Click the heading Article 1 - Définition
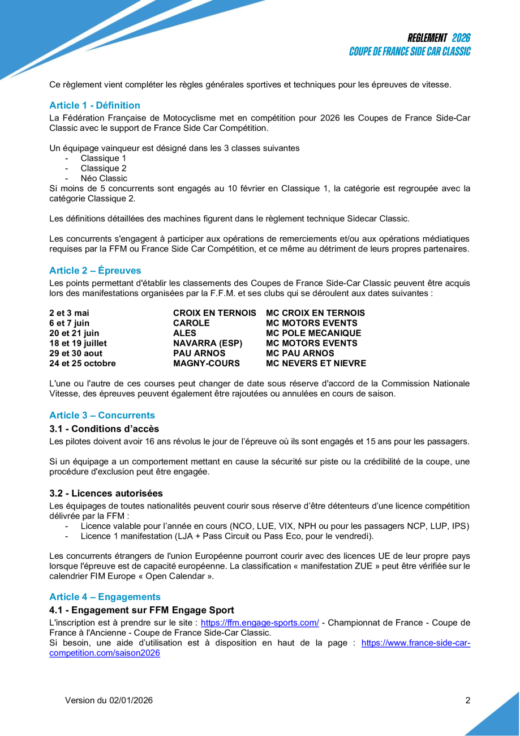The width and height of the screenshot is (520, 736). pyautogui.click(x=94, y=105)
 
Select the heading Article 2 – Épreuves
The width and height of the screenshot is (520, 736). pyautogui.click(x=95, y=270)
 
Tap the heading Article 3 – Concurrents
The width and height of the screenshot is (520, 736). pyautogui.click(x=102, y=415)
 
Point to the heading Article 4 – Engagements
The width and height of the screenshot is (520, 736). pyautogui.click(x=105, y=597)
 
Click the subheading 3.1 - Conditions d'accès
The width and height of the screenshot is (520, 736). pyautogui.click(x=104, y=429)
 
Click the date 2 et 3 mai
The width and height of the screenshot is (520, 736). pyautogui.click(x=69, y=313)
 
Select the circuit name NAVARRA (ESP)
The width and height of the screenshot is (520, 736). pyautogui.click(x=207, y=343)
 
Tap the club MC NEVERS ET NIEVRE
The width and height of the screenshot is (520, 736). pyautogui.click(x=316, y=363)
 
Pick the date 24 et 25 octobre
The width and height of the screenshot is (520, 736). pyautogui.click(x=83, y=363)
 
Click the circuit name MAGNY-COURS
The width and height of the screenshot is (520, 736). pyautogui.click(x=206, y=363)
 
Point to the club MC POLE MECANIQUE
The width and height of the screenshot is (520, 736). pyautogui.click(x=313, y=333)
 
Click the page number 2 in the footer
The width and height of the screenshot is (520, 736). pyautogui.click(x=468, y=700)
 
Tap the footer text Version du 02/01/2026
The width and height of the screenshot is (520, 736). pyautogui.click(x=109, y=700)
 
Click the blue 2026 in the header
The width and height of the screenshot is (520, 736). pyautogui.click(x=461, y=38)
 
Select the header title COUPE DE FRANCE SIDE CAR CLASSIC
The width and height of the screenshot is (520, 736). pyautogui.click(x=410, y=51)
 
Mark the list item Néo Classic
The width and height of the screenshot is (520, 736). pyautogui.click(x=104, y=178)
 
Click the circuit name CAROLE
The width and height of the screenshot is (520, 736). pyautogui.click(x=191, y=323)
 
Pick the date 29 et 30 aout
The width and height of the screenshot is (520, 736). pyautogui.click(x=76, y=353)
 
